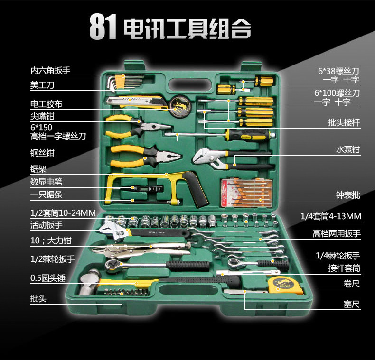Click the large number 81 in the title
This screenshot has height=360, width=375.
pyautogui.click(x=103, y=28)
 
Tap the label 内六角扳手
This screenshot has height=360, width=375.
pyautogui.click(x=50, y=71)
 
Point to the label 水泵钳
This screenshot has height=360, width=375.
pyautogui.click(x=347, y=150)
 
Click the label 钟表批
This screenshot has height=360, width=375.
pyautogui.click(x=347, y=195)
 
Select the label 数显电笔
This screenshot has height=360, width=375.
pyautogui.click(x=47, y=181)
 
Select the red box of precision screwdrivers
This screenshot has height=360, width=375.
pyautogui.click(x=247, y=193)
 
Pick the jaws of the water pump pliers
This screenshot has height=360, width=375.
pyautogui.click(x=205, y=156)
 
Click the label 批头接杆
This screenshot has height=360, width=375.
pyautogui.click(x=344, y=123)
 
